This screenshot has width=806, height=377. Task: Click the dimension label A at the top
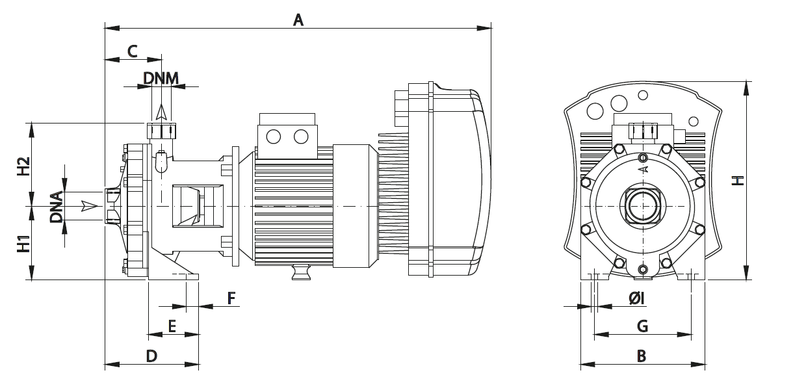click(x=298, y=19)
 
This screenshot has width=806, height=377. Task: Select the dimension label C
click(x=132, y=51)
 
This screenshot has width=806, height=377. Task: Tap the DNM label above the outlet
click(x=161, y=78)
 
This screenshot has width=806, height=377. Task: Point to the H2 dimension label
click(x=23, y=166)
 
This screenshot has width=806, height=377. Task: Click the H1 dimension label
click(x=23, y=243)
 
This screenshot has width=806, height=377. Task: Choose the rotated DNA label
click(x=57, y=207)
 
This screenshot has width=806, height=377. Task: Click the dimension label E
click(x=172, y=326)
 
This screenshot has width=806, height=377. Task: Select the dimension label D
click(x=151, y=356)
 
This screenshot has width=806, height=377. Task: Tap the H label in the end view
click(x=737, y=180)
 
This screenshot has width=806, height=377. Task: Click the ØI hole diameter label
click(x=636, y=298)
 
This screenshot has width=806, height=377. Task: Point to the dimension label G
click(x=642, y=326)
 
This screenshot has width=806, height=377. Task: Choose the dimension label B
click(x=642, y=356)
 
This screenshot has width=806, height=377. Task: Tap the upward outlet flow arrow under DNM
click(x=161, y=113)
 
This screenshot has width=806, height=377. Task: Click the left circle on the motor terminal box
click(x=273, y=136)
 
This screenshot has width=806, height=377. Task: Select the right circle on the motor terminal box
click(x=300, y=136)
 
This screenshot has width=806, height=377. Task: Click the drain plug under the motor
click(x=301, y=273)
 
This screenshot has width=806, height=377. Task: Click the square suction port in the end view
click(x=643, y=205)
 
